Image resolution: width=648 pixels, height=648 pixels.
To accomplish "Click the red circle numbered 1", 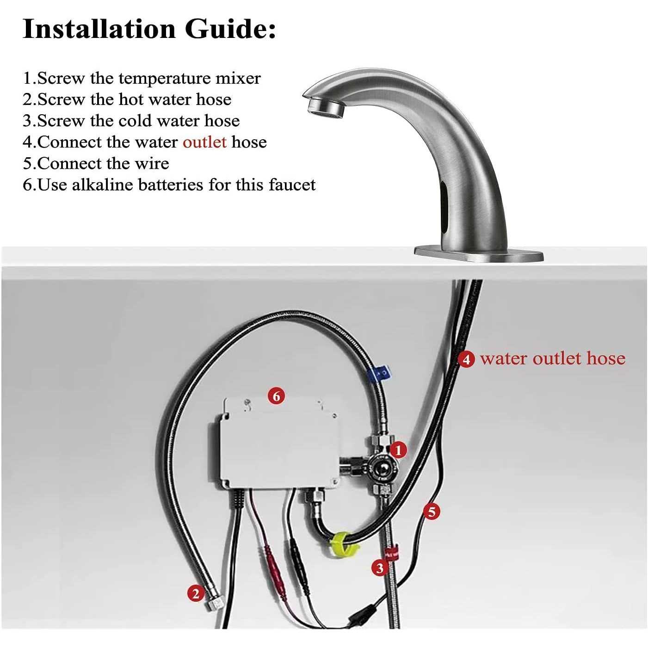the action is (x=399, y=450).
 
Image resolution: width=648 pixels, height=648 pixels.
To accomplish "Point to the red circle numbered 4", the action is (x=466, y=359).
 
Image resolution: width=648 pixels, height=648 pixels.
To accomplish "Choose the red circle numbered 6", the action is (x=276, y=396).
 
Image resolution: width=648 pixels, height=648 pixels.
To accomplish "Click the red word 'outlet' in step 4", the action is (x=204, y=142).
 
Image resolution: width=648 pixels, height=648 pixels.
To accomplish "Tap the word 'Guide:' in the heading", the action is (x=230, y=29).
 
